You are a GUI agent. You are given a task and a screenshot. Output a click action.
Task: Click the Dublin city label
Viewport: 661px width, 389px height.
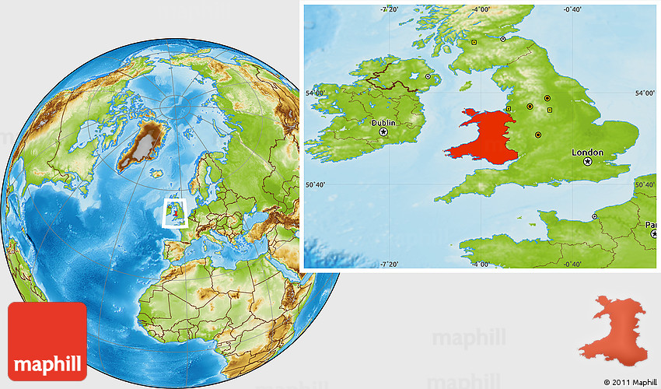pyautogui.click(x=383, y=123)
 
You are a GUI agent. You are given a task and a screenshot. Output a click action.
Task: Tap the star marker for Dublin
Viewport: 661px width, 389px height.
pyautogui.click(x=383, y=133)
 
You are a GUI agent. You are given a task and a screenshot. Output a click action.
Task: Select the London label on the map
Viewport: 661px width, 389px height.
pyautogui.click(x=588, y=152)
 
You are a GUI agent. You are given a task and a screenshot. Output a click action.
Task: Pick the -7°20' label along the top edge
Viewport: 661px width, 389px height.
pyautogui.click(x=389, y=9)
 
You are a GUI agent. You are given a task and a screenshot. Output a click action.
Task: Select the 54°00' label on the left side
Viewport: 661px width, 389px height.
pyautogui.click(x=316, y=93)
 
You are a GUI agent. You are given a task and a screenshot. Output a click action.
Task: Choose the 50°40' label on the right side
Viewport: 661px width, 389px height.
pyautogui.click(x=645, y=185)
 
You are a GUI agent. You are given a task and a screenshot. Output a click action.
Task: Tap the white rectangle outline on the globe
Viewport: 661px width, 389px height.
pyautogui.click(x=176, y=211)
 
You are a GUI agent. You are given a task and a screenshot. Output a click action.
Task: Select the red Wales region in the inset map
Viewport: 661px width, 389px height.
pyautogui.click(x=481, y=137)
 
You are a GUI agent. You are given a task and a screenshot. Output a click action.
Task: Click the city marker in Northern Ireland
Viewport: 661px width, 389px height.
pyautogui.click(x=428, y=76)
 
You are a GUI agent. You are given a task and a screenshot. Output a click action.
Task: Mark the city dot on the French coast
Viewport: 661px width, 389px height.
pyautogui.click(x=595, y=216)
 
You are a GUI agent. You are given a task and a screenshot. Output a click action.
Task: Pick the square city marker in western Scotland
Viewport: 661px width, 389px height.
pyautogui.click(x=474, y=42)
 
